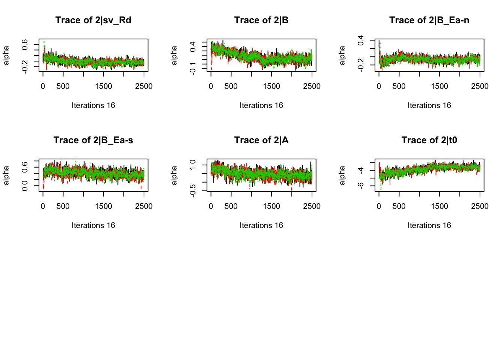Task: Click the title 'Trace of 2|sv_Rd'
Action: [93, 20]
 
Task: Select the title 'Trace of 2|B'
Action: [261, 20]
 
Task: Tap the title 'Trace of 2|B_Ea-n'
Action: [429, 20]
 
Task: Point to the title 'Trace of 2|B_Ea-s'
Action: [93, 140]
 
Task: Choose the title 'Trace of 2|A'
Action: [261, 140]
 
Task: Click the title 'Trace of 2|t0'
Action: [429, 140]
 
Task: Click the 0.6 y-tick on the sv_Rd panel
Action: [25, 45]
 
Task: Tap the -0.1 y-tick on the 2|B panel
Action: [193, 68]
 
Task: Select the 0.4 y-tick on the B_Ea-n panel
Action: [361, 40]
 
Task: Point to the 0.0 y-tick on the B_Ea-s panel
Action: [25, 186]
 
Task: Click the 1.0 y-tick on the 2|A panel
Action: [193, 165]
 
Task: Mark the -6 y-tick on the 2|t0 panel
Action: [361, 186]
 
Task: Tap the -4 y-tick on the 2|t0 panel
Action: [361, 170]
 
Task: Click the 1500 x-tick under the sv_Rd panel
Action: [103, 86]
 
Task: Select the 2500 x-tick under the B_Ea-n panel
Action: [480, 86]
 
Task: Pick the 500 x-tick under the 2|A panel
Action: [231, 206]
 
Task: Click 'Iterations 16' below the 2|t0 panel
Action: [429, 225]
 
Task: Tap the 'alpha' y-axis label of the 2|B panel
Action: [174, 55]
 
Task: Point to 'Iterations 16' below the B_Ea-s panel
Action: [93, 225]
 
